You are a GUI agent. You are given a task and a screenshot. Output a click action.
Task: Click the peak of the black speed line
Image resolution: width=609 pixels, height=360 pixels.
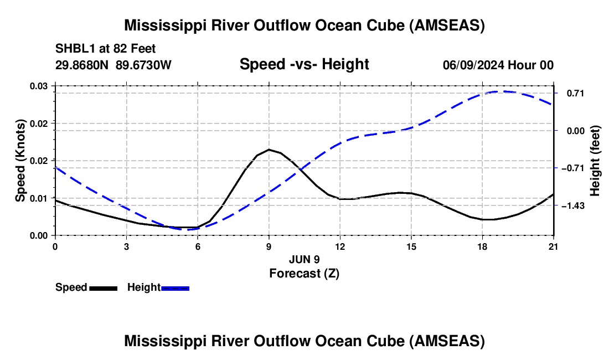[269, 150]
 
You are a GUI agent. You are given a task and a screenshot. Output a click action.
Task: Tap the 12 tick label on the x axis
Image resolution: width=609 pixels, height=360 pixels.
[340, 246]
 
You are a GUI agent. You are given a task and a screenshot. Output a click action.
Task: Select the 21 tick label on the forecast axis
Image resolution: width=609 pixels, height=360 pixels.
[554, 246]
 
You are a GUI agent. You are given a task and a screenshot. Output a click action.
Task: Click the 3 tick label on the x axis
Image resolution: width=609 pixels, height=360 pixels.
[126, 246]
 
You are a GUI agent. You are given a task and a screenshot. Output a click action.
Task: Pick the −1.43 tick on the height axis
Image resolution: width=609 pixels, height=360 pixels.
[575, 206]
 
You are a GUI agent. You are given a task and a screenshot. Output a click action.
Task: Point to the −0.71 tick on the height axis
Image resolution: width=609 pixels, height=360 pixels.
[575, 168]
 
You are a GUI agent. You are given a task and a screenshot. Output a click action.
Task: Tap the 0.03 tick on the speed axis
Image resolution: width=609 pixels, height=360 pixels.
[39, 86]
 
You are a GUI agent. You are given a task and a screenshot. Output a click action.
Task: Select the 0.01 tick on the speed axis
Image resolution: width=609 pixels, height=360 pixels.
[39, 198]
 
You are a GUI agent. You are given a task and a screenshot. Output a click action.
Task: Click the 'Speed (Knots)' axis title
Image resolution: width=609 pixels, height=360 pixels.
[20, 161]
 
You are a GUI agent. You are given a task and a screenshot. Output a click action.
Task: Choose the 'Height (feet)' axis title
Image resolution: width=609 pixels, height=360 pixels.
[595, 161]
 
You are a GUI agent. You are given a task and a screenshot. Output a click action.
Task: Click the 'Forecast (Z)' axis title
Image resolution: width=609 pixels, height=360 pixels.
[304, 273]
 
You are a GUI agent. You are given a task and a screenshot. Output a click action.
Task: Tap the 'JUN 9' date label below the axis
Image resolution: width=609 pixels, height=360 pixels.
[304, 259]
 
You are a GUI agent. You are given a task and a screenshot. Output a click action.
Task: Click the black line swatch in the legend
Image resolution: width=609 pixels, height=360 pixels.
[103, 288]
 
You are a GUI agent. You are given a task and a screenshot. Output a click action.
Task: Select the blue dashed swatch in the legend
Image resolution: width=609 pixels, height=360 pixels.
[176, 288]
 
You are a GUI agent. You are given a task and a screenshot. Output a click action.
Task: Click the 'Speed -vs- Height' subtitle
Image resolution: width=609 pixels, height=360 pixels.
[304, 64]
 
